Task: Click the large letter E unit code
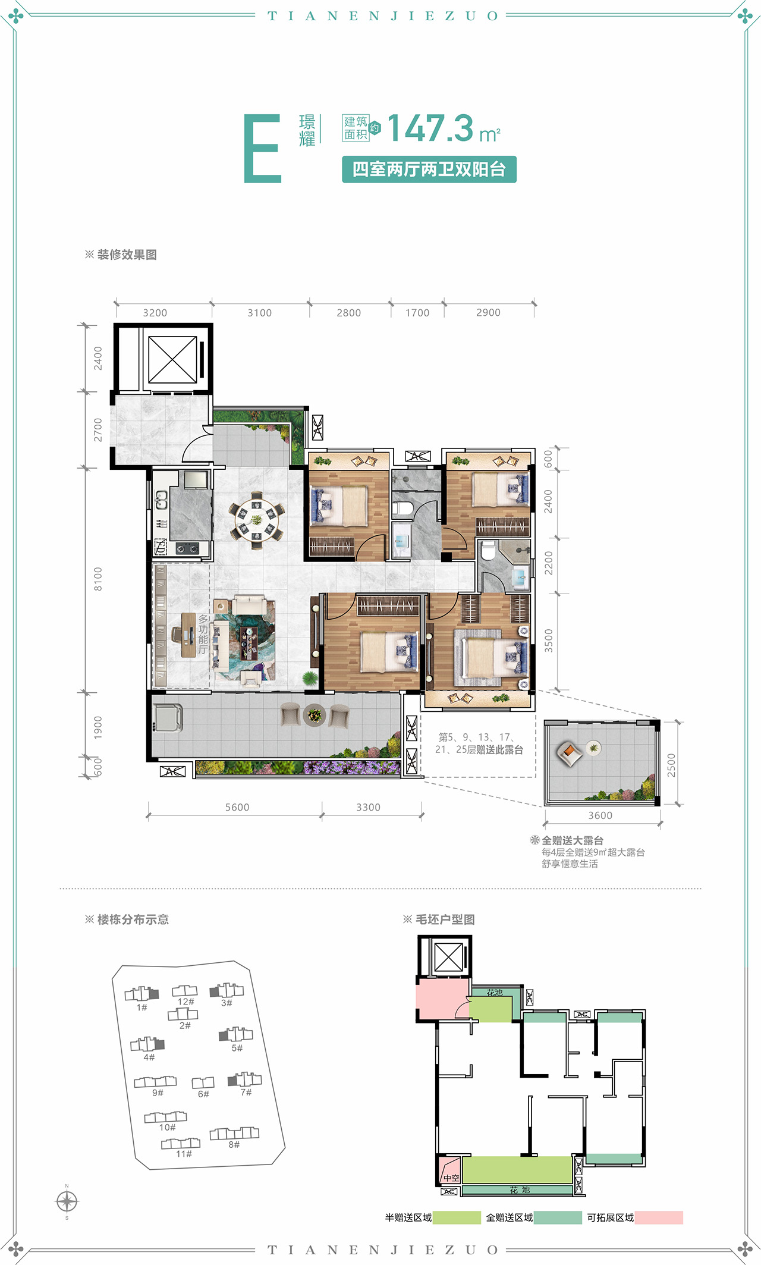pyautogui.click(x=262, y=149)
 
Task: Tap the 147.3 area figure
pyautogui.click(x=430, y=128)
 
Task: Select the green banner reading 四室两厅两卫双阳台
pyautogui.click(x=429, y=169)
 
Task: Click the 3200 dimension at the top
pyautogui.click(x=155, y=313)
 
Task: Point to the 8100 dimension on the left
pyautogui.click(x=98, y=579)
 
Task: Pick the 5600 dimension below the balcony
pyautogui.click(x=237, y=807)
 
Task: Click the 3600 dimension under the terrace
pyautogui.click(x=600, y=815)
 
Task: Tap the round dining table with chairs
pyautogui.click(x=256, y=520)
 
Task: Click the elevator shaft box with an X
pyautogui.click(x=172, y=360)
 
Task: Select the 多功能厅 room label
pyautogui.click(x=203, y=634)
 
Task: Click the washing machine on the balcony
pyautogui.click(x=168, y=717)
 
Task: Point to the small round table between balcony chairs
pyautogui.click(x=314, y=714)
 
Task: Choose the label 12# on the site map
pyautogui.click(x=185, y=1002)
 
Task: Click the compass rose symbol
pyautogui.click(x=67, y=1201)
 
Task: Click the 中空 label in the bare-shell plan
pyautogui.click(x=451, y=1178)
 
